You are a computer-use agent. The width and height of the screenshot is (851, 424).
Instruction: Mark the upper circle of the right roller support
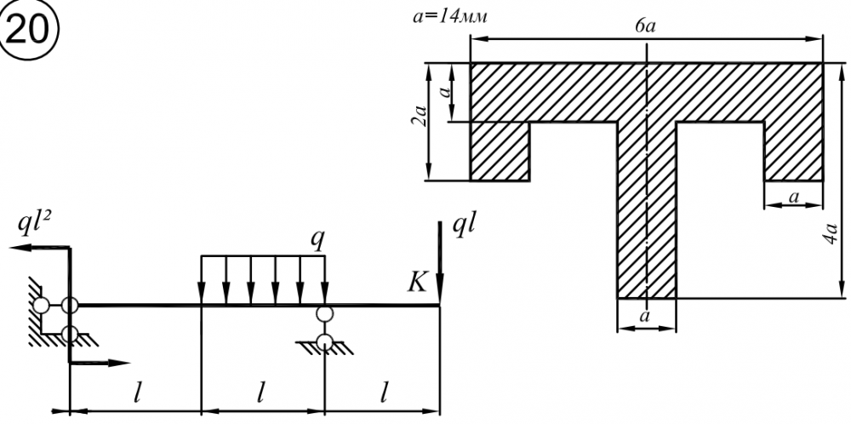coord(324,314)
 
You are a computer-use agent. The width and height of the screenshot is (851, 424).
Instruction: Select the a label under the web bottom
coord(646,315)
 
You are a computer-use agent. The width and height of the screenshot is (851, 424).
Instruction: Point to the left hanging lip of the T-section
coord(500,151)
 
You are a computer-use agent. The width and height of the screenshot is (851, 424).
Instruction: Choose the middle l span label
coord(262,392)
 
